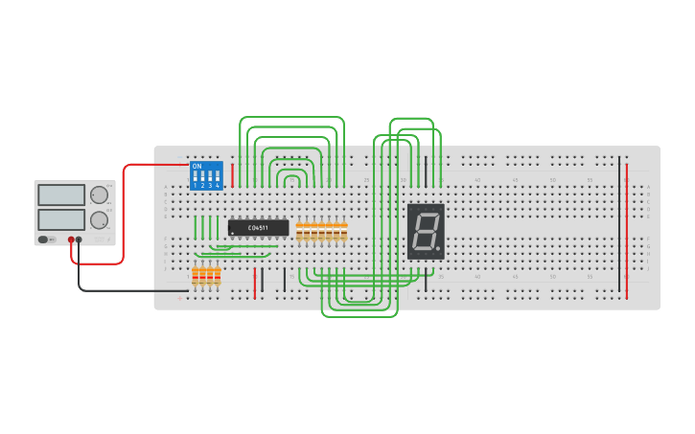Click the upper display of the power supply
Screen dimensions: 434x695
coord(61,194)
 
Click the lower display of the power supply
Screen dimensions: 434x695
coord(61,219)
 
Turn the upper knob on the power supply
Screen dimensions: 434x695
coord(99,194)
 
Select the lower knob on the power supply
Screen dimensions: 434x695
coord(99,219)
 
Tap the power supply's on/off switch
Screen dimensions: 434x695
coord(45,239)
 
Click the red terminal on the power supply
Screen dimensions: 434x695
coord(71,240)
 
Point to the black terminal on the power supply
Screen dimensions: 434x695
coord(80,240)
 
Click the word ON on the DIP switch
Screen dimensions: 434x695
coord(197,166)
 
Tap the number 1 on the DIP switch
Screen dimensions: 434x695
coord(195,185)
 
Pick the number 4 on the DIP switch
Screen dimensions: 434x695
coord(218,185)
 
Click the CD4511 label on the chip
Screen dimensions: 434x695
coord(258,227)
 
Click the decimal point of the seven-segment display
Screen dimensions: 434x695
coord(439,250)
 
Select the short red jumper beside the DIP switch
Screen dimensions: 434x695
coord(232,175)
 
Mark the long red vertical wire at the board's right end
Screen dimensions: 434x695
coord(627,230)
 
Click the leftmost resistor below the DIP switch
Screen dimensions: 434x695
coord(195,276)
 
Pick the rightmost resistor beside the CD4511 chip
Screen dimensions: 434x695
coord(344,233)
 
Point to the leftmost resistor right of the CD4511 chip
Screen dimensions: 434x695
coord(299,233)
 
